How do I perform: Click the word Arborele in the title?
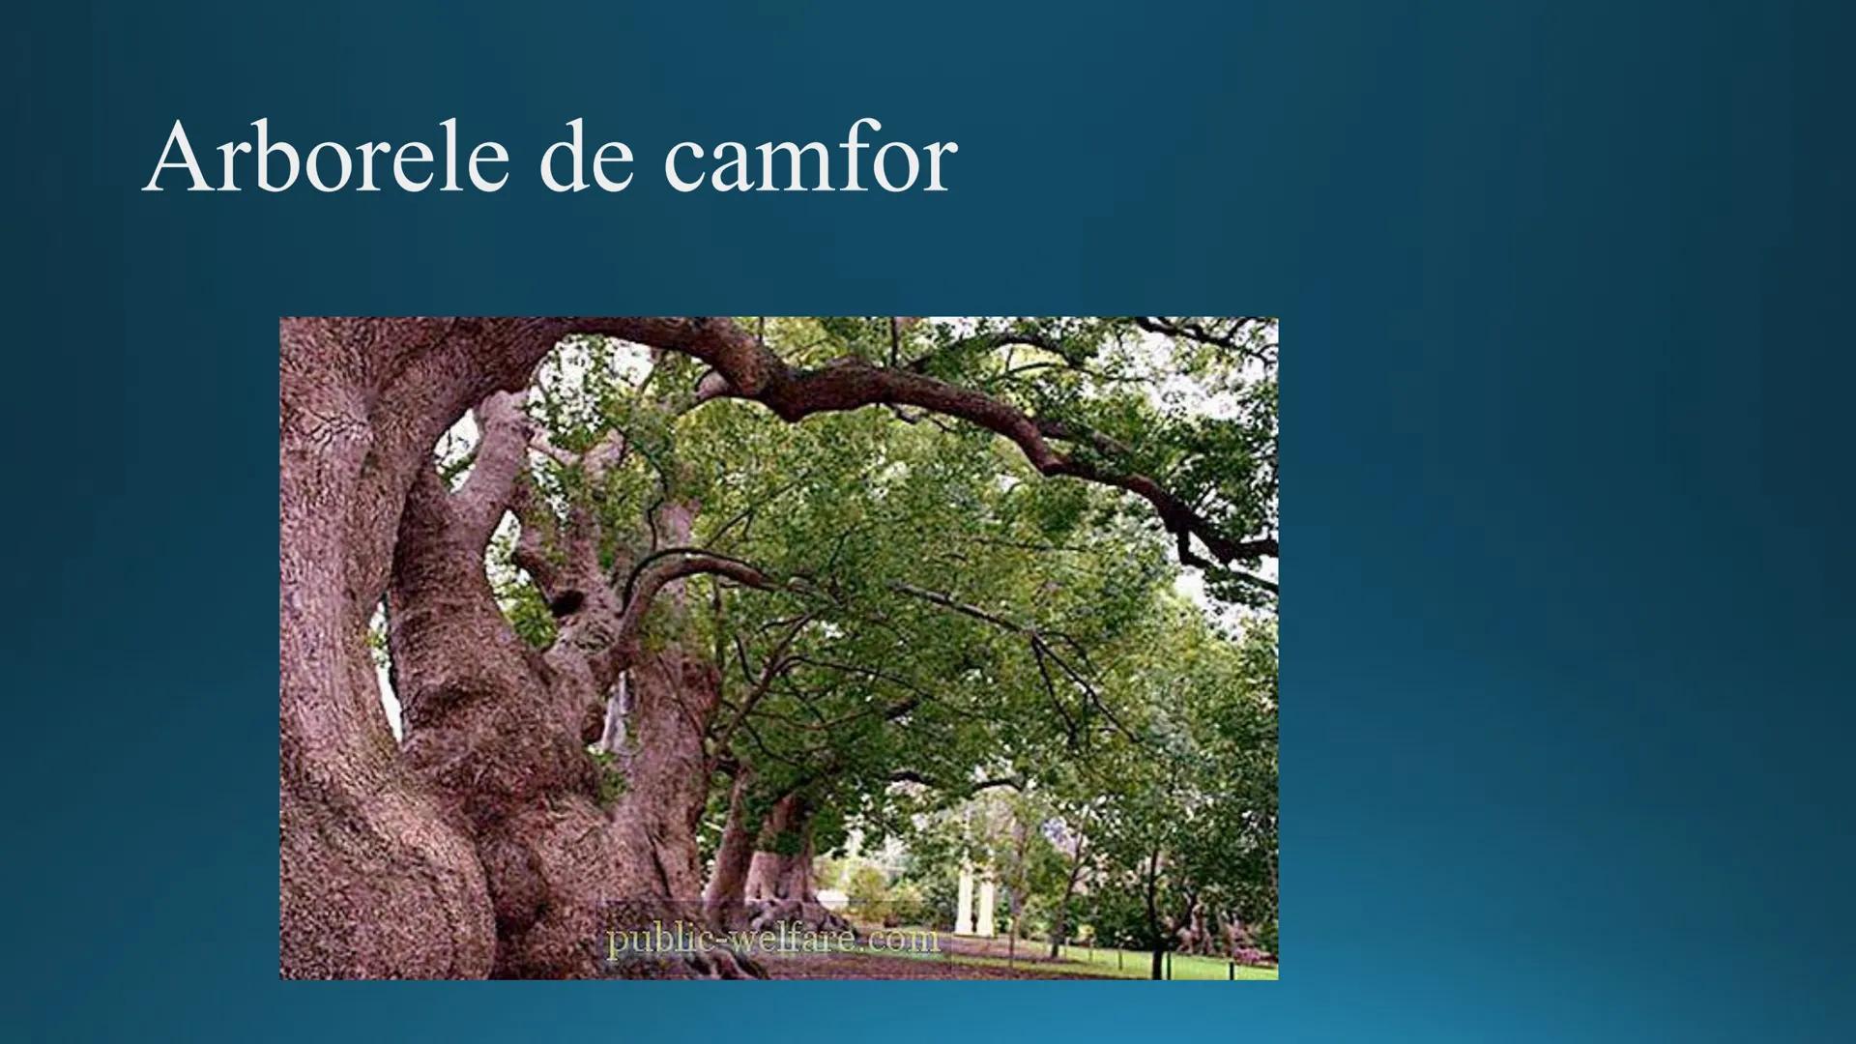325,158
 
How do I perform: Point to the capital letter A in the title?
176,158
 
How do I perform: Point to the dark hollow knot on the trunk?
561,600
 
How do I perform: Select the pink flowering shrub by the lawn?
1247,953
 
